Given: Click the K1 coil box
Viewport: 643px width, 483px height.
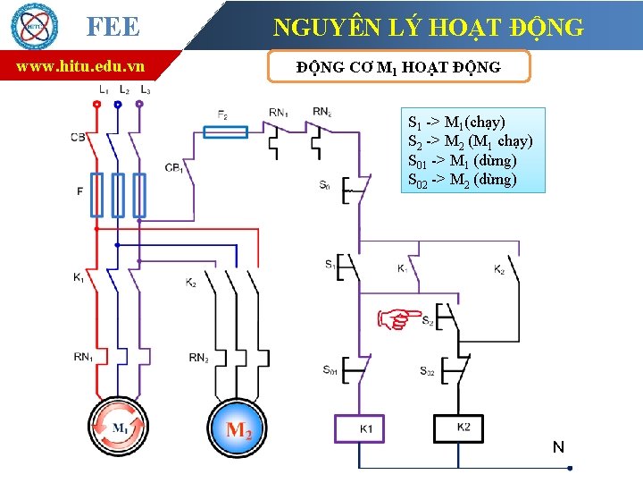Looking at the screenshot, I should click(365, 428).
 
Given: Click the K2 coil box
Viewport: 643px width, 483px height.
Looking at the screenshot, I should click(463, 428).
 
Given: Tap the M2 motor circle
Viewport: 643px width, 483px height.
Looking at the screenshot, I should click(238, 430).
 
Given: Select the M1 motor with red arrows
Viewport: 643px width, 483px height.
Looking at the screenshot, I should click(120, 428).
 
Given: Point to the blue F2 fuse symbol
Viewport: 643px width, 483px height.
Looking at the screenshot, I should click(226, 132).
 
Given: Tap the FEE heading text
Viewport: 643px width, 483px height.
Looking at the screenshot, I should click(113, 27).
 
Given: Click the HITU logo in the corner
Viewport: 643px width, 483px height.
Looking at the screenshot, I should click(33, 26).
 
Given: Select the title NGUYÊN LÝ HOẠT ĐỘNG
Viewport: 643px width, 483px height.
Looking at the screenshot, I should click(429, 27).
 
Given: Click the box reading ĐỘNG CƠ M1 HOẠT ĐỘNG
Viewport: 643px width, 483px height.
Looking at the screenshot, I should click(398, 67).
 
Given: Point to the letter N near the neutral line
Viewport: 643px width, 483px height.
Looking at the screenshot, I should click(558, 446).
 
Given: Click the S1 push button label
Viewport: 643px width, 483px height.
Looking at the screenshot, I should click(330, 264).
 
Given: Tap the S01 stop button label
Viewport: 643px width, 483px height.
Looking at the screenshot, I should click(330, 369).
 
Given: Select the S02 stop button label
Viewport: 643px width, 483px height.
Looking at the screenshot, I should click(427, 370).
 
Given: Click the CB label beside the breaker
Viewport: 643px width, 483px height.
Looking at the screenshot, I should click(78, 137).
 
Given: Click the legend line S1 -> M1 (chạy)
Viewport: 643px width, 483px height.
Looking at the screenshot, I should click(456, 122).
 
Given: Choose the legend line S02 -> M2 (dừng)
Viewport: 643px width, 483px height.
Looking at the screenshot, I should click(462, 180).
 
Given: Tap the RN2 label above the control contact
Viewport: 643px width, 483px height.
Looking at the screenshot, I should click(322, 112).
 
